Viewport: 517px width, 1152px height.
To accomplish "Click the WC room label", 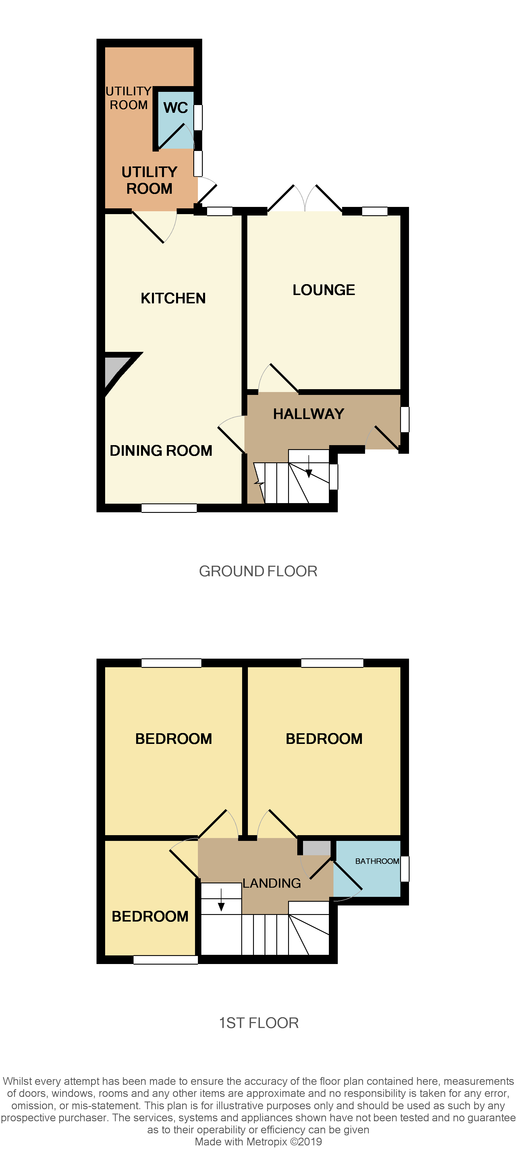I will pos(175,108).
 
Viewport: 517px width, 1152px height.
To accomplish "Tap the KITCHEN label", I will pos(173,298).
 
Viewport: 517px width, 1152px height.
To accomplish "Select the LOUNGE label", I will pos(324,290).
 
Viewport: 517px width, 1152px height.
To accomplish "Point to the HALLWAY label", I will pos(308,414).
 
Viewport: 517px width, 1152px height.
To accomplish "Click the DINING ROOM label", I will pos(161,450).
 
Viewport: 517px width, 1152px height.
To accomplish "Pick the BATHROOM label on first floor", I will pos(377,861).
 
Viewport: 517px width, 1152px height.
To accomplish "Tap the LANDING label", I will pos(272,883).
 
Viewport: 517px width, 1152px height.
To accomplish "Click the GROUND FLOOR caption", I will pos(258,571).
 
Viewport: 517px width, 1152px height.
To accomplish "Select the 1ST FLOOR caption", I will pos(258,1023).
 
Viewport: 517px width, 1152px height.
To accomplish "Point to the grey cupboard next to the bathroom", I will pos(317,848).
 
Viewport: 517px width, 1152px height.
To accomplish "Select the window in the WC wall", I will pos(198,117).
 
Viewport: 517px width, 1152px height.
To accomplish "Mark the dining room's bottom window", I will pos(169,508).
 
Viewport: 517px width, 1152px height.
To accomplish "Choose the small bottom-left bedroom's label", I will pos(150,916).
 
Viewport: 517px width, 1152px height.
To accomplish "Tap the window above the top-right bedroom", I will pos(332,663).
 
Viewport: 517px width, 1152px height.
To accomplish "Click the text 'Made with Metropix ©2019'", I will pos(258,1141).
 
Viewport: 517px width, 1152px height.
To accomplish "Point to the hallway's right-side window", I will pos(405,419).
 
